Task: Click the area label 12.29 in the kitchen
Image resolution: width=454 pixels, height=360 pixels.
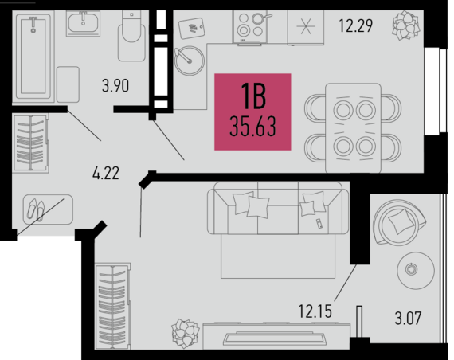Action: tap(355, 25)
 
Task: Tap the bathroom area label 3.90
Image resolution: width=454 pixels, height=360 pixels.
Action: tap(115, 86)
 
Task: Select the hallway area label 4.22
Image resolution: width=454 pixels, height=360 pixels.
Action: tap(106, 173)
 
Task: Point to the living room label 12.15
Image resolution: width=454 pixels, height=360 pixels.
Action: tap(315, 311)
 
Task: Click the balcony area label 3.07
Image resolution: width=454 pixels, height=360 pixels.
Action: tap(408, 318)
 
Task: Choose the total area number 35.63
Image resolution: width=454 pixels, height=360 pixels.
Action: tap(252, 127)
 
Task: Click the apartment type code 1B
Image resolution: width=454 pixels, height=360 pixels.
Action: tap(253, 96)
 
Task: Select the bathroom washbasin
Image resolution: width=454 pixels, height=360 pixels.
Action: tap(83, 23)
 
